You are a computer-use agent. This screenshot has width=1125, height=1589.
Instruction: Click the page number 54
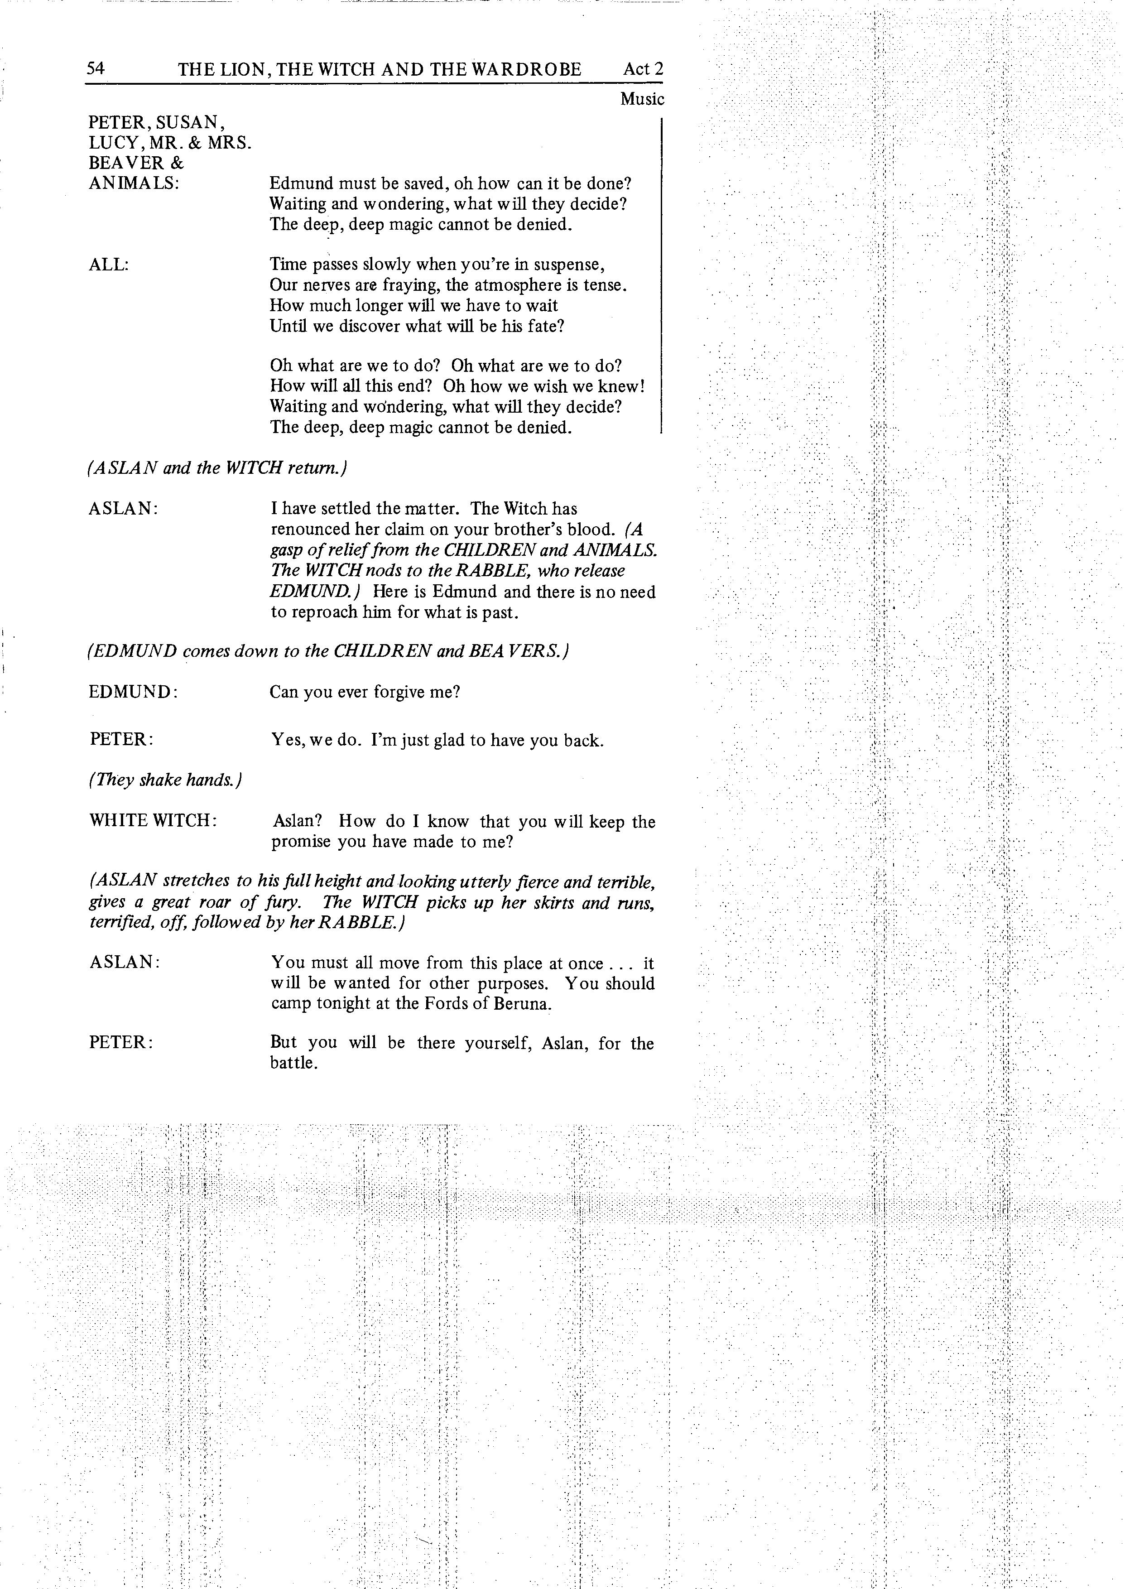point(96,68)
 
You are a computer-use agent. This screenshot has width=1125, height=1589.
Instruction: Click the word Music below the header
point(642,99)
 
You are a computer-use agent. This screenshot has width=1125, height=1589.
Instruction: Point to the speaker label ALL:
point(109,265)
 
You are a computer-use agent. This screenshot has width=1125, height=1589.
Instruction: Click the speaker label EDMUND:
point(134,691)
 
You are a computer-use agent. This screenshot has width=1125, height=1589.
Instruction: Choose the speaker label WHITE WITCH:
point(153,821)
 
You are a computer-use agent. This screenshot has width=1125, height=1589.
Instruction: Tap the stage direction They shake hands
point(165,780)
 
